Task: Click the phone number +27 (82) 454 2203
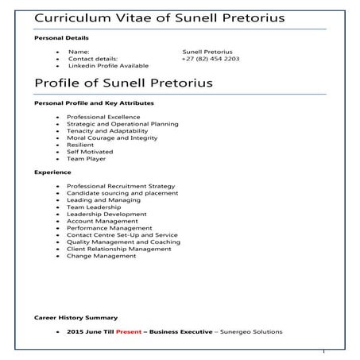tap(210, 59)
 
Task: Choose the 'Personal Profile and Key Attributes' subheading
tap(94, 103)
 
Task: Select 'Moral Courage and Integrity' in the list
tap(112, 137)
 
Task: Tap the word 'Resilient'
tap(82, 145)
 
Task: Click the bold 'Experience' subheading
tap(52, 172)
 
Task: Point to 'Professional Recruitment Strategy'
tap(121, 186)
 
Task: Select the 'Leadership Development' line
tap(106, 214)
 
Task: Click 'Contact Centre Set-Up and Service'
tap(122, 234)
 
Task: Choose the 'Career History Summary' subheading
tap(76, 317)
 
